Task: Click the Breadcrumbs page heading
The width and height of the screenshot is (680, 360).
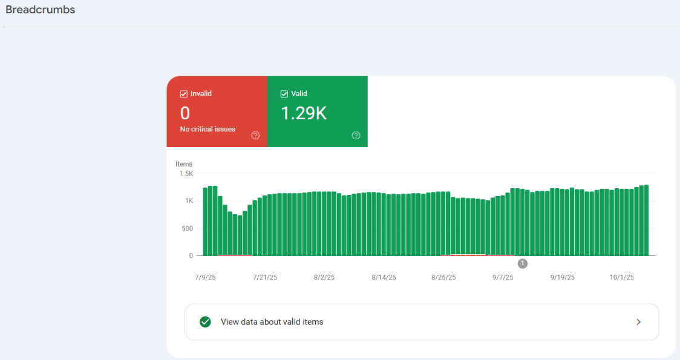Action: coord(41,10)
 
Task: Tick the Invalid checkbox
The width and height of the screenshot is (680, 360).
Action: coord(183,94)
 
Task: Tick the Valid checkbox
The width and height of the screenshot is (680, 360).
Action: coord(284,94)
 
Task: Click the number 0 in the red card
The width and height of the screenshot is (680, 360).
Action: coord(185,113)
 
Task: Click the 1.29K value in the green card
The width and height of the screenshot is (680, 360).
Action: coord(304,113)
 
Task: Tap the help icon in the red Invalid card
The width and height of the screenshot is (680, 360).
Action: coord(255,136)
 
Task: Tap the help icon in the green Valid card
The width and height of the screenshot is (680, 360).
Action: coord(356,136)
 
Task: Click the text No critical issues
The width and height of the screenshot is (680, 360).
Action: coord(208,129)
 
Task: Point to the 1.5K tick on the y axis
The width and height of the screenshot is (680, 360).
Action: coord(186,174)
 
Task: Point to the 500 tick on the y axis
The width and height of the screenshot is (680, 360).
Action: coord(187,229)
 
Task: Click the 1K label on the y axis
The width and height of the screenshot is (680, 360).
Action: coord(189,201)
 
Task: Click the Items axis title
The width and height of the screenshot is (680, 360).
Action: coord(184,164)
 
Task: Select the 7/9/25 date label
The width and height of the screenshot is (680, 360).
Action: coord(205,277)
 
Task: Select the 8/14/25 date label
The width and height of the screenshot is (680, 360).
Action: coord(384,277)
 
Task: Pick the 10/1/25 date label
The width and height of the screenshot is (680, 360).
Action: coord(621,277)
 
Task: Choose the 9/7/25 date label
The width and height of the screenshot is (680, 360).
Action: coord(503,277)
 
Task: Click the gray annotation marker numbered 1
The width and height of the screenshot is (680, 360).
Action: coord(523,263)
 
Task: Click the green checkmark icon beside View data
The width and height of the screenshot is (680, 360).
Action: coord(205,322)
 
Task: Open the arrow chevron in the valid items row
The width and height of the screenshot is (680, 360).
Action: coord(638,322)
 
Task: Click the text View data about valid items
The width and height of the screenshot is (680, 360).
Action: coord(272,322)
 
